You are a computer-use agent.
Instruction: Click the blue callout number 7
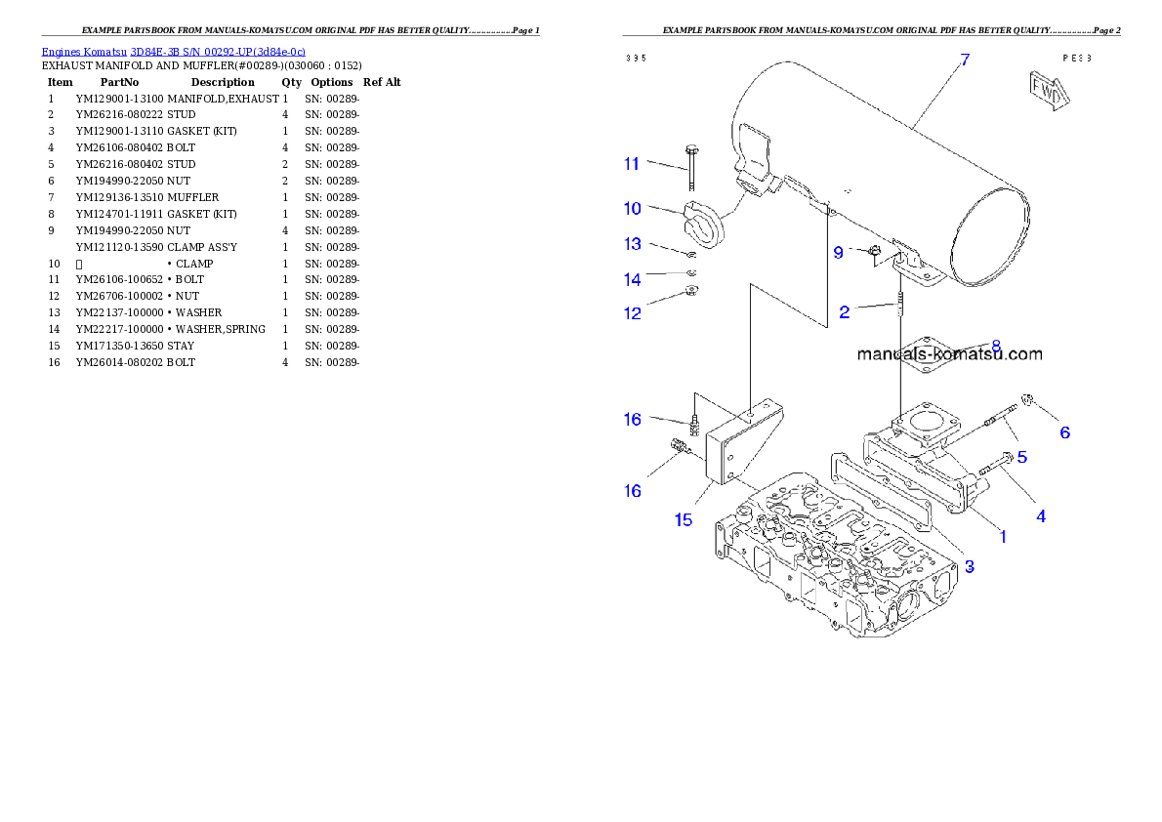pos(964,60)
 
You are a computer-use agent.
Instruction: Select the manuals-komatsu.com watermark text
pos(949,354)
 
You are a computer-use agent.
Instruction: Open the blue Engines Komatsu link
pos(173,52)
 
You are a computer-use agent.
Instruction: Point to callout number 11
pos(632,164)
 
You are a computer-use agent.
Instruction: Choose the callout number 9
pos(838,252)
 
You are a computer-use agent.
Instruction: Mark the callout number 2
pos(844,312)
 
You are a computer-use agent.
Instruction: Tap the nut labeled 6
pos(1027,399)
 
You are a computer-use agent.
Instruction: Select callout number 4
pos(1041,515)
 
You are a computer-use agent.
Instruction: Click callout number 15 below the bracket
pos(683,519)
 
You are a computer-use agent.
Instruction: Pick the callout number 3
pos(969,565)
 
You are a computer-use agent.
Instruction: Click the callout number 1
pos(1002,535)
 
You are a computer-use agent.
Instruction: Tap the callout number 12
pos(633,313)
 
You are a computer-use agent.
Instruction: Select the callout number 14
pos(633,280)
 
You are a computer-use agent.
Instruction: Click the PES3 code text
pos(1077,58)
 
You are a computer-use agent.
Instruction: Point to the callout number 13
pos(633,244)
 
